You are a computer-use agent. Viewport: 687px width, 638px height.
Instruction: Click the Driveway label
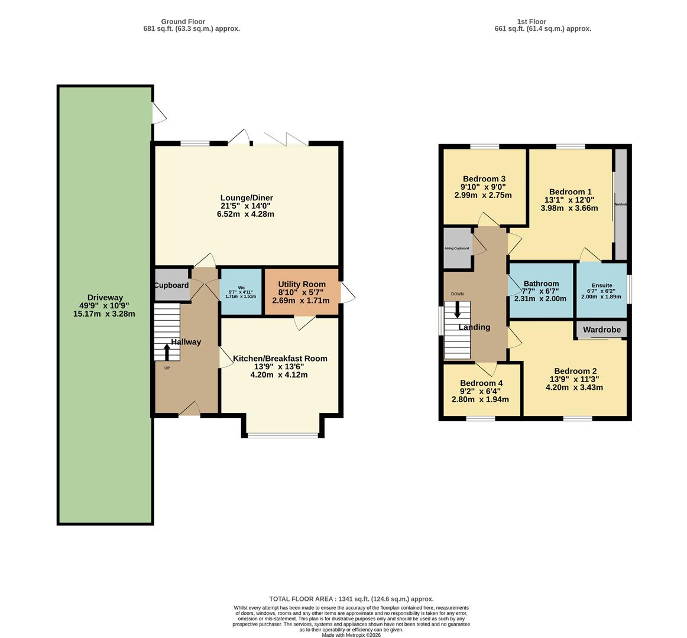[x=104, y=297]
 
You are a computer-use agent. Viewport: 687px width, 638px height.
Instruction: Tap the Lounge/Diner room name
[x=246, y=198]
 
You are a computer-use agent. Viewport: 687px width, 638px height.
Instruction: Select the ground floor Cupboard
[x=171, y=285]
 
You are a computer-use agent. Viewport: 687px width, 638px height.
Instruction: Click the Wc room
[x=241, y=292]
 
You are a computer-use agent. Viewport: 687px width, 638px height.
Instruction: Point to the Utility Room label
[x=302, y=285]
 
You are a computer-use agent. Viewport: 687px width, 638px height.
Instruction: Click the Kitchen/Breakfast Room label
[x=280, y=359]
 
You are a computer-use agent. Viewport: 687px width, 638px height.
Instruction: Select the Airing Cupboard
[x=457, y=248]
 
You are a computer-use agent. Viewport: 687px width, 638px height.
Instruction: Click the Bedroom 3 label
[x=484, y=179]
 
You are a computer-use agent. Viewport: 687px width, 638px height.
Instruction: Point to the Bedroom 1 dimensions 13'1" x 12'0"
[x=569, y=200]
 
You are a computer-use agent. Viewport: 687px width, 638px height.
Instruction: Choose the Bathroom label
[x=540, y=284]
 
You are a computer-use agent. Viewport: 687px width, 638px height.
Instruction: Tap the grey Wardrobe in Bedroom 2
[x=601, y=330]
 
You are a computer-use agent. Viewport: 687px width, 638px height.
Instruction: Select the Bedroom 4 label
[x=481, y=383]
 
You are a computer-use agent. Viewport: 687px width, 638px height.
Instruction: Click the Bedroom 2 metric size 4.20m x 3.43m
[x=573, y=388]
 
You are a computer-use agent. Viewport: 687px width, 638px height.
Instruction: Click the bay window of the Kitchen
[x=283, y=436]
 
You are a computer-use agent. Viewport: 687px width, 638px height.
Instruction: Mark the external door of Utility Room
[x=347, y=292]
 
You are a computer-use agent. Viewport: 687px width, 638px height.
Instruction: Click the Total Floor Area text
[x=351, y=598]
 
